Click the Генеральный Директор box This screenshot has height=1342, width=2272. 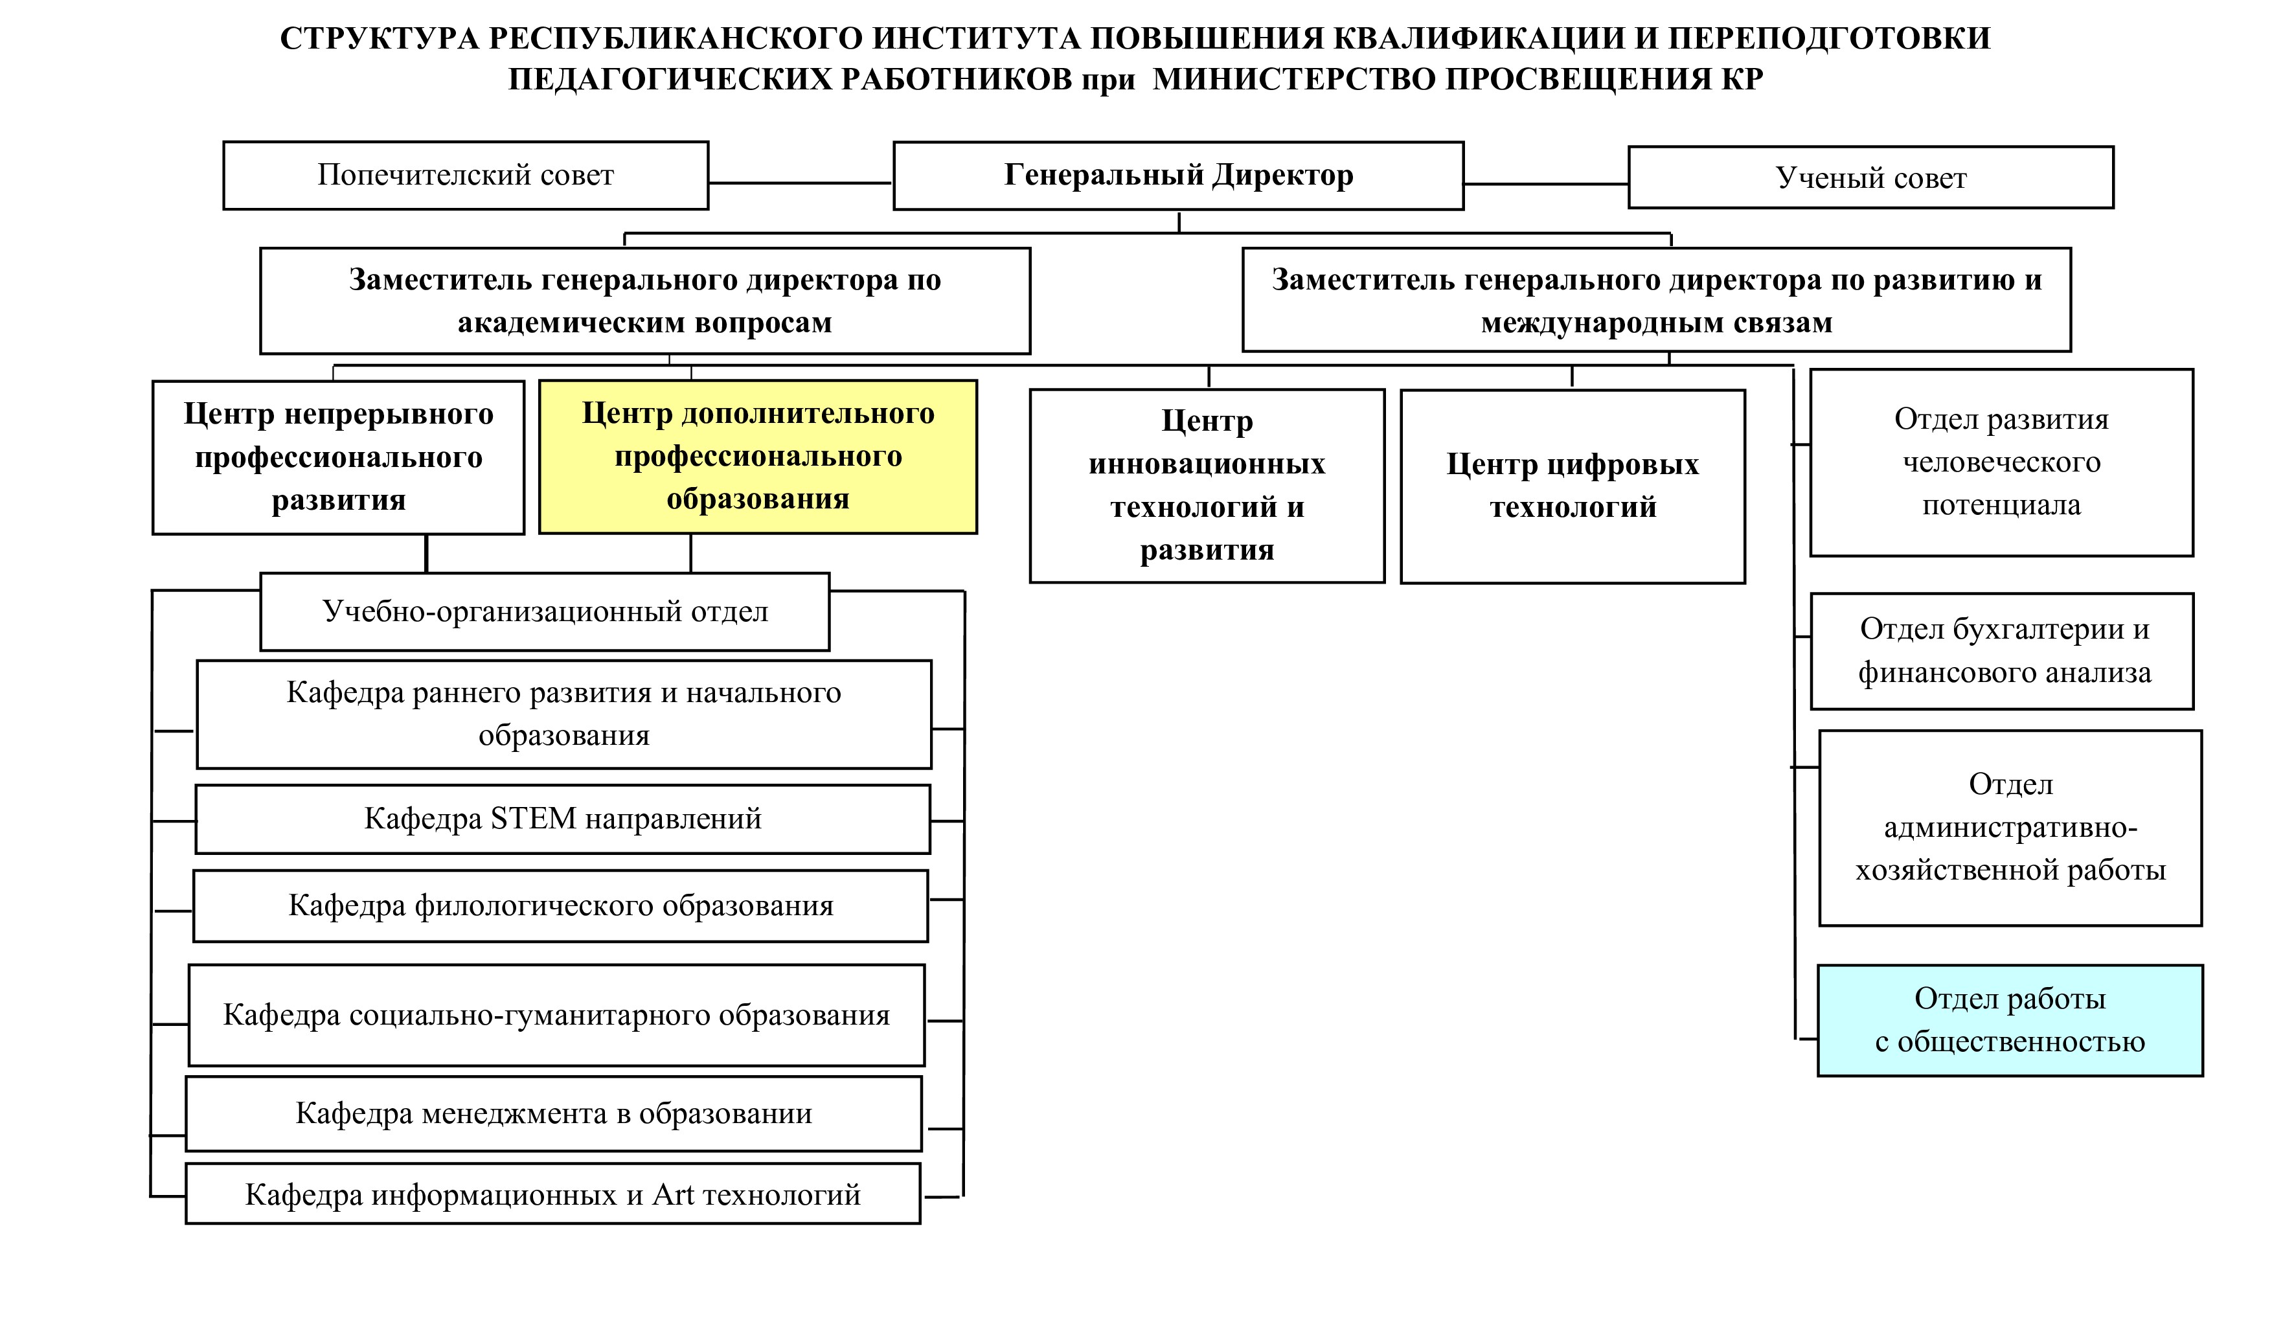[1178, 176]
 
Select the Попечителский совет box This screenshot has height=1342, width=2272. [466, 176]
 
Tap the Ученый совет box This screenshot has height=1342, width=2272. [1870, 177]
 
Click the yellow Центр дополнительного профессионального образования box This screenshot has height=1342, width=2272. [758, 456]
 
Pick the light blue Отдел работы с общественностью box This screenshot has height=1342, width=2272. [2010, 1020]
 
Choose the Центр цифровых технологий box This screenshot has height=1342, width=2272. [1573, 486]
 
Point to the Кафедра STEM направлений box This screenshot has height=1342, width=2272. [562, 819]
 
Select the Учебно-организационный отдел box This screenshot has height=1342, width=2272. [544, 611]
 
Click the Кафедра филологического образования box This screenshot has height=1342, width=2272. [560, 905]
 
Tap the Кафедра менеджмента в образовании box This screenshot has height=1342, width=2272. [553, 1113]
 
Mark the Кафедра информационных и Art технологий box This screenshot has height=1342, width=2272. [552, 1194]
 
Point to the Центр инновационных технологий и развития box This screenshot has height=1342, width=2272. [1207, 486]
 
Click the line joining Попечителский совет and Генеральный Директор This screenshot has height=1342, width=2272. [800, 183]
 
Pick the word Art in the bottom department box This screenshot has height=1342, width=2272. [674, 1194]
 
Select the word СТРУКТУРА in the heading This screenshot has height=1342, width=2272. [380, 39]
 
